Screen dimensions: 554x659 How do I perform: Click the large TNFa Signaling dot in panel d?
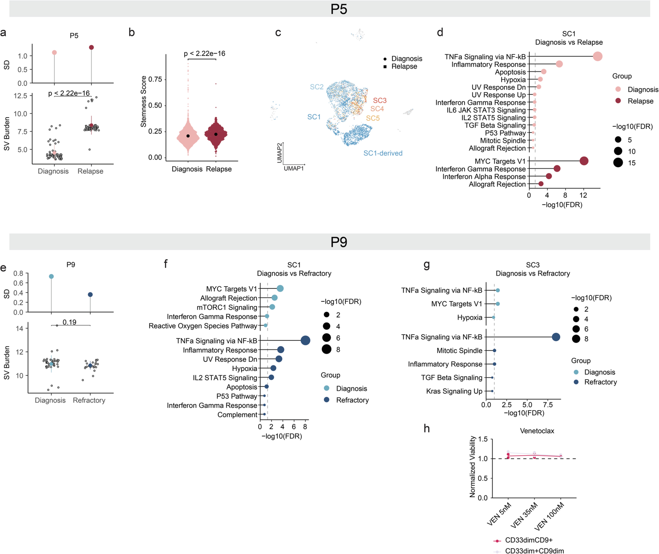[x=598, y=56]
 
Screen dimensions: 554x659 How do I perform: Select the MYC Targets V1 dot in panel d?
[x=584, y=161]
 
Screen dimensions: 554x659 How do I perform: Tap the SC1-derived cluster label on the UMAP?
[x=383, y=153]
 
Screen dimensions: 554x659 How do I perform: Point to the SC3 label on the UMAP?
[x=380, y=101]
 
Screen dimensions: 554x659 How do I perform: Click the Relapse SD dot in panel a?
[x=91, y=47]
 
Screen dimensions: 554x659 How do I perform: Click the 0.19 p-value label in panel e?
[x=69, y=322]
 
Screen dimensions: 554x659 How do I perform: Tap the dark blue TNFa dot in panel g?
[x=556, y=337]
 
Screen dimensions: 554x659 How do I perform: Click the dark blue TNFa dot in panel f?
[x=305, y=340]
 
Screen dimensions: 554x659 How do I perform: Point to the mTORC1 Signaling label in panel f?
[x=227, y=308]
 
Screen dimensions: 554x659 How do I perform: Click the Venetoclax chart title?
[x=537, y=431]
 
